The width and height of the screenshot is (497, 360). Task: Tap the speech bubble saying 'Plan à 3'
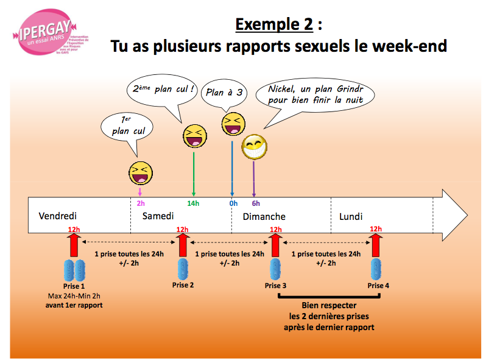pos(224,93)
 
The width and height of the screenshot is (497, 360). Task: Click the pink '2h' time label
pos(141,203)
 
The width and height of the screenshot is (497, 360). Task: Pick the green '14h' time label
pos(192,203)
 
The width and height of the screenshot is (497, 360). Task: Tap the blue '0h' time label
pos(233,203)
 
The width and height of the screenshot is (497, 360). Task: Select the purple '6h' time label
pos(255,203)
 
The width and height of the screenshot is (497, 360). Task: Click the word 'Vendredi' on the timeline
pos(58,216)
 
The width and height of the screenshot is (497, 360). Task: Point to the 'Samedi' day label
pos(158,216)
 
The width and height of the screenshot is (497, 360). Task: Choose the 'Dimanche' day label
pos(264,217)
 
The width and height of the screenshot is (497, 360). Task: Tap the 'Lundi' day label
pos(351,216)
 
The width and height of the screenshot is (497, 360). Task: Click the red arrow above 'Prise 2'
pos(182,244)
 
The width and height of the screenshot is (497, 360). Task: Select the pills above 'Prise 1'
pos(74,269)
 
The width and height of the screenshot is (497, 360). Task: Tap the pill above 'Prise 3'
pos(275,269)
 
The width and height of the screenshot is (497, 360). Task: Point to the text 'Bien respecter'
pos(329,306)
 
